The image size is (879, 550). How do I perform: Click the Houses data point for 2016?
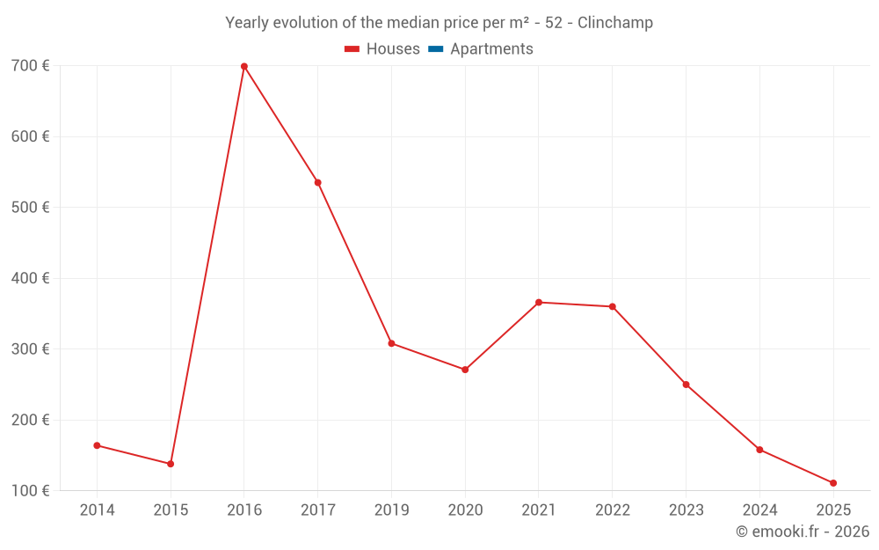click(244, 67)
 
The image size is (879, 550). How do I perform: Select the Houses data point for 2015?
click(171, 464)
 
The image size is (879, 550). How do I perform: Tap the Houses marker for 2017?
click(318, 183)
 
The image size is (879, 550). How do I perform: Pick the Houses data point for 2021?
click(539, 303)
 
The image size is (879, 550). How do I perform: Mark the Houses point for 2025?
click(833, 483)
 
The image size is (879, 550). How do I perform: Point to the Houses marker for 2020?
click(465, 370)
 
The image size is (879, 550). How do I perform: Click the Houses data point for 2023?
click(686, 385)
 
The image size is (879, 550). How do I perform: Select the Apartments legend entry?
click(491, 49)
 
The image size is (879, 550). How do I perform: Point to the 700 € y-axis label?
click(30, 66)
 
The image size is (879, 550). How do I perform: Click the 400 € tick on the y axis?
click(30, 279)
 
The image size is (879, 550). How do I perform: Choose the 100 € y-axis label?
click(30, 491)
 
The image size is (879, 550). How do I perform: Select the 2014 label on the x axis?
click(97, 510)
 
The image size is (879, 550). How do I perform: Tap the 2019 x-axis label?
click(391, 510)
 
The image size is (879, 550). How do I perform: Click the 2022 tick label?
click(613, 510)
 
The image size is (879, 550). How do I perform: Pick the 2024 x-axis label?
click(759, 510)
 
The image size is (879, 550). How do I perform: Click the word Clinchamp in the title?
click(615, 23)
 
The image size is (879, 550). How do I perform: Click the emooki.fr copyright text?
click(803, 532)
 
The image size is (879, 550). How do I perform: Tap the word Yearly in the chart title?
click(248, 23)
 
